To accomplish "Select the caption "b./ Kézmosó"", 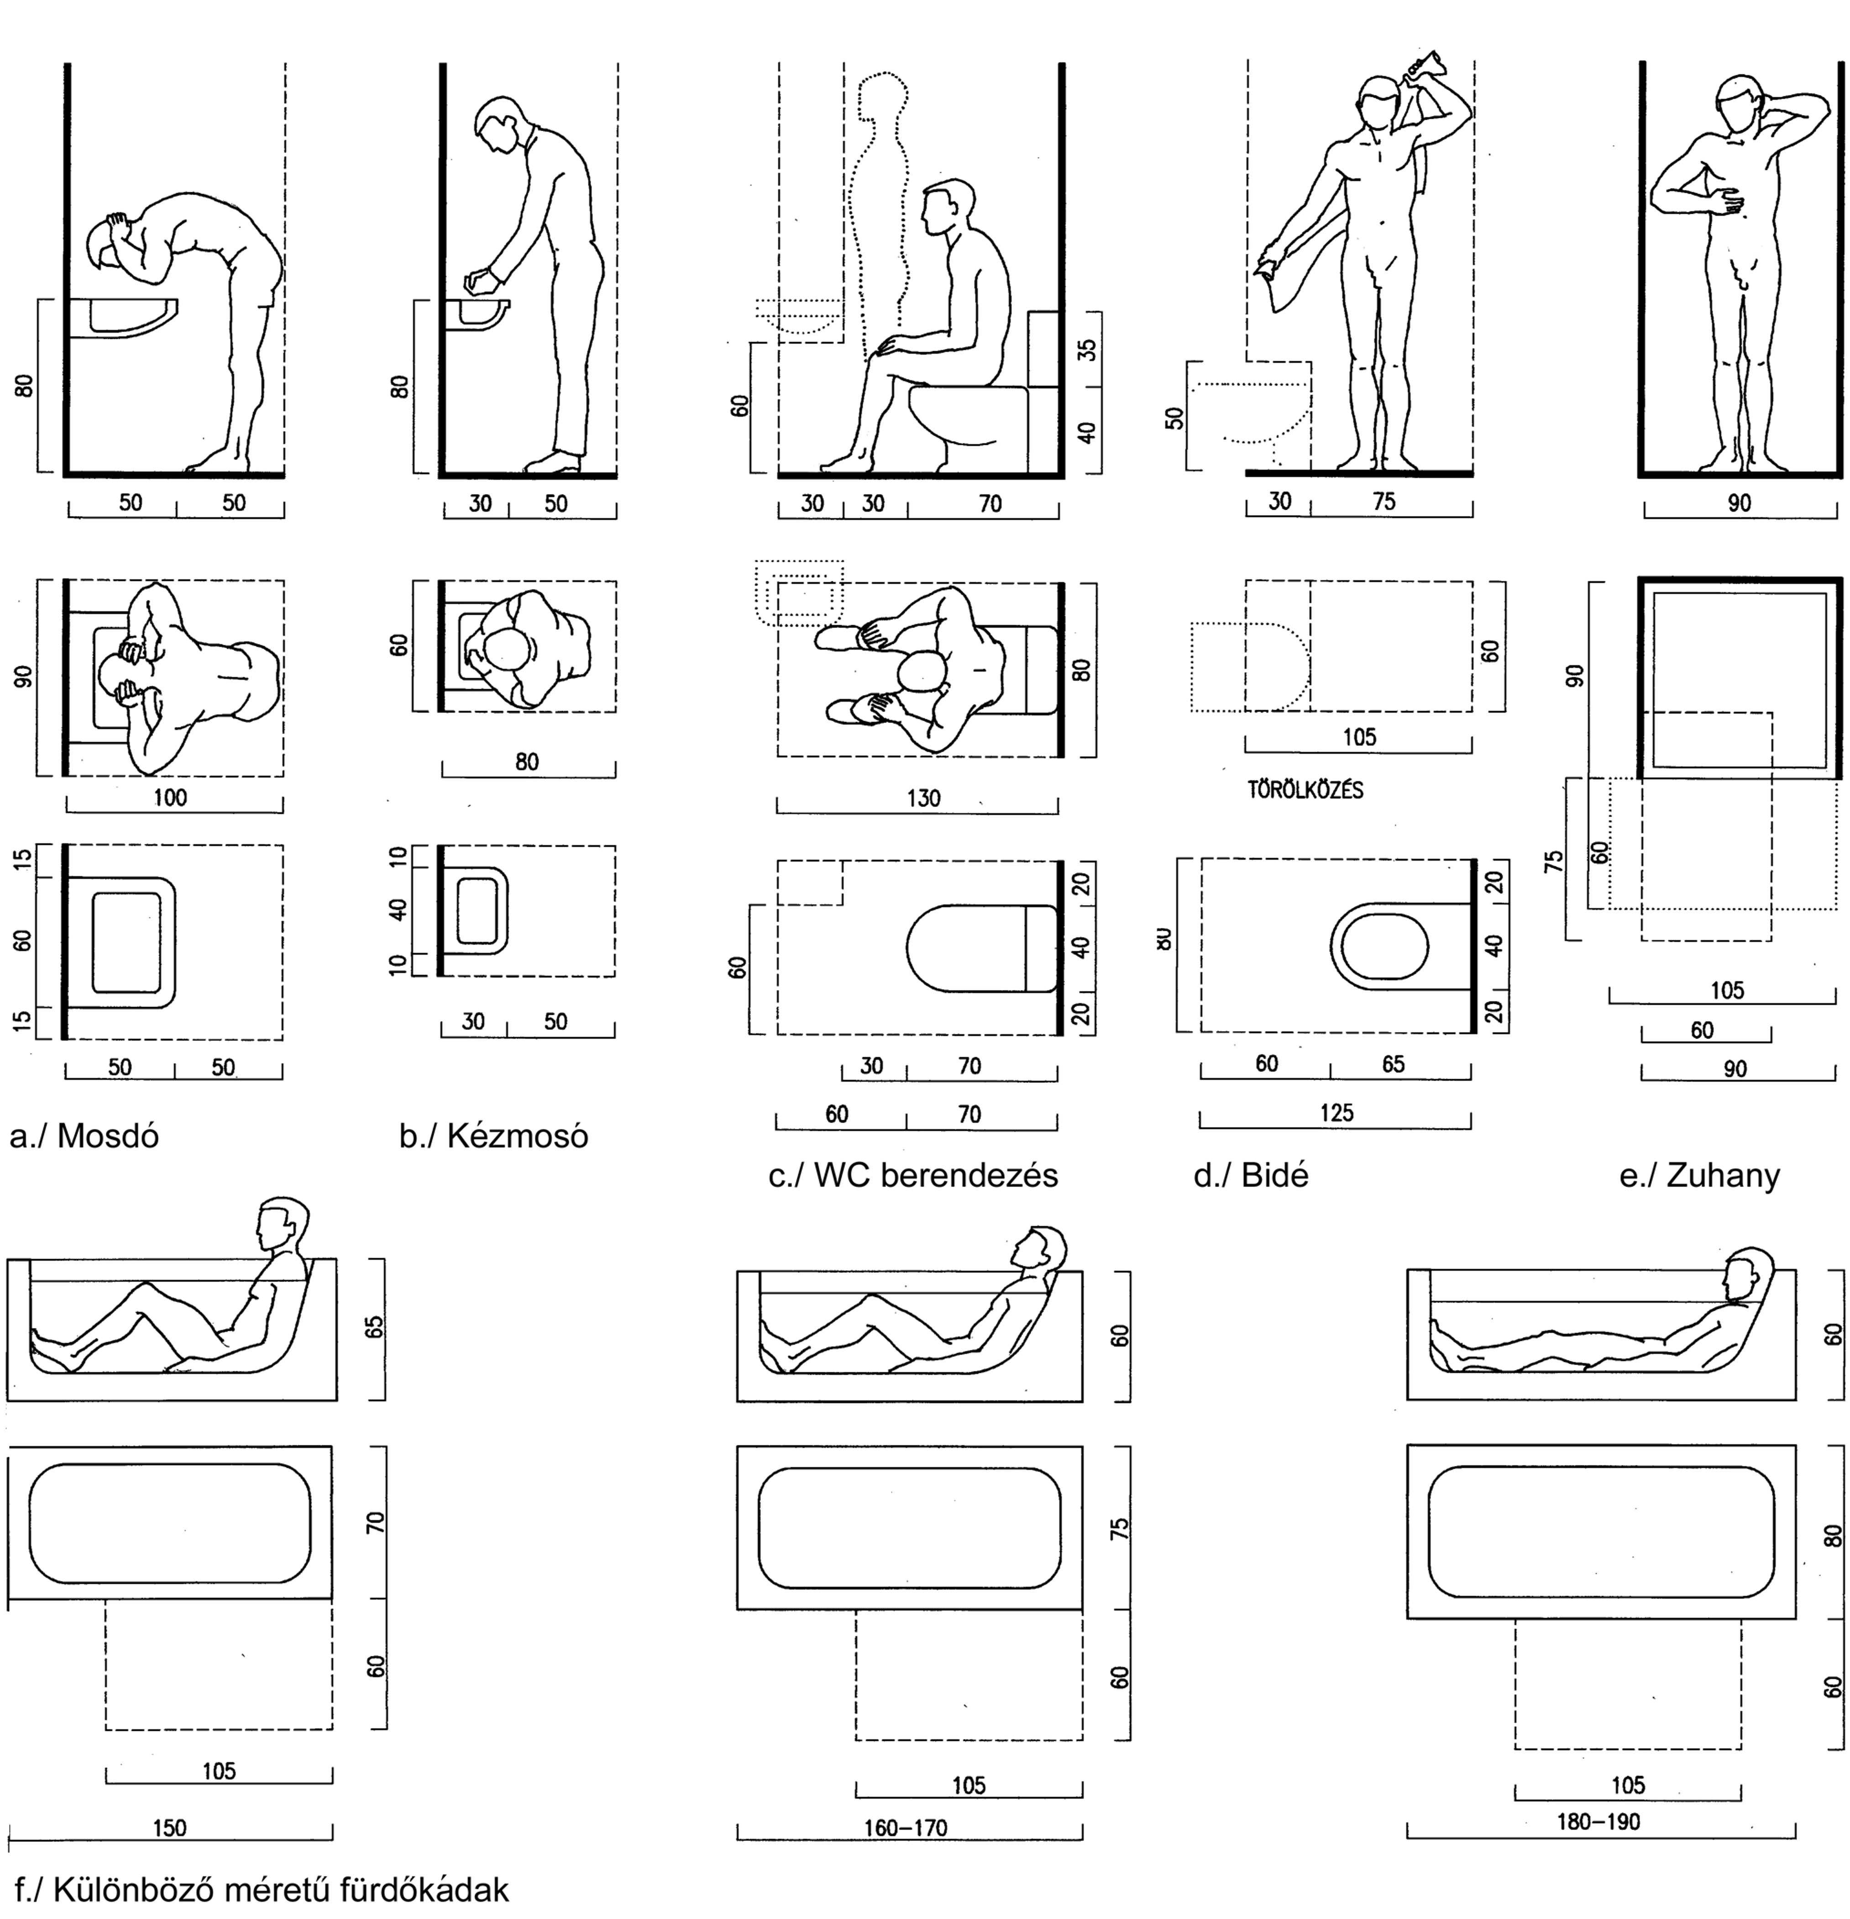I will (x=493, y=1136).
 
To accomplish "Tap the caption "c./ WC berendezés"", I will (x=912, y=1175).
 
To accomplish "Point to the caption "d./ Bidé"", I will (x=1250, y=1175).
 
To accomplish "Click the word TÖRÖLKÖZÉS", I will (x=1305, y=790).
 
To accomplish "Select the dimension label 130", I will (x=923, y=798).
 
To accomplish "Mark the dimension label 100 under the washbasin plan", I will (x=169, y=798).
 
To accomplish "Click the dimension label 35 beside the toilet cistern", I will (x=1086, y=349).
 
